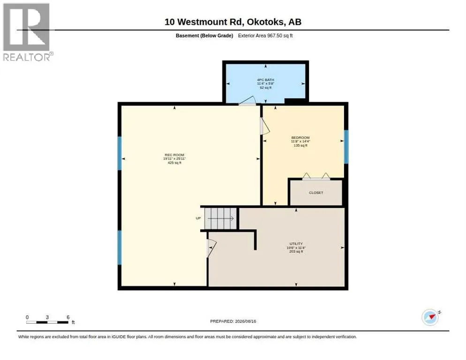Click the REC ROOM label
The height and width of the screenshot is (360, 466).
click(174, 155)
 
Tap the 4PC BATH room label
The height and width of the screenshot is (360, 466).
click(265, 80)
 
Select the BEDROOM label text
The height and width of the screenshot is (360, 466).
click(300, 138)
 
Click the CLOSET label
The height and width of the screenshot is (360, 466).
click(316, 193)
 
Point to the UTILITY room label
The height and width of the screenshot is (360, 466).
click(296, 244)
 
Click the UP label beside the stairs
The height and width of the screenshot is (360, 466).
click(198, 218)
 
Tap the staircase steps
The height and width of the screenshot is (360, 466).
click(220, 218)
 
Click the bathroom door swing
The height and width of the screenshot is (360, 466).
click(247, 101)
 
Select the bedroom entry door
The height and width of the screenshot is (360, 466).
click(264, 127)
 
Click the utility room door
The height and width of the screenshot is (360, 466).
click(211, 248)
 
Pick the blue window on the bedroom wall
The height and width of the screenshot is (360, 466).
click(346, 147)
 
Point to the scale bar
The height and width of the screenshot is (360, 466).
click(47, 322)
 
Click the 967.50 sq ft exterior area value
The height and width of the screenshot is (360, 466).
click(280, 36)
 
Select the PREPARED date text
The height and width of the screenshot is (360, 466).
click(233, 322)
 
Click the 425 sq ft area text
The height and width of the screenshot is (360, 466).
click(174, 163)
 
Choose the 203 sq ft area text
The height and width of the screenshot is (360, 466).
click(296, 252)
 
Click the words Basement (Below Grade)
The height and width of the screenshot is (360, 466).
click(204, 36)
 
